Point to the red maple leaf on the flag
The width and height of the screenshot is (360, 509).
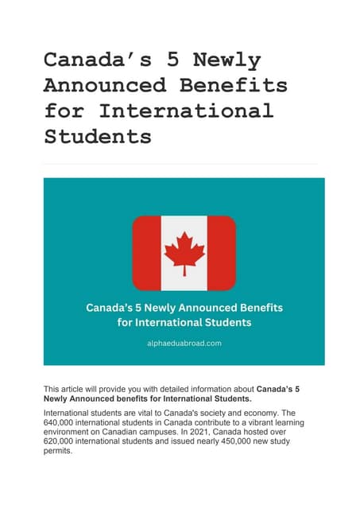click(184, 251)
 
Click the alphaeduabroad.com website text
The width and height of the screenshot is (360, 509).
click(184, 343)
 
